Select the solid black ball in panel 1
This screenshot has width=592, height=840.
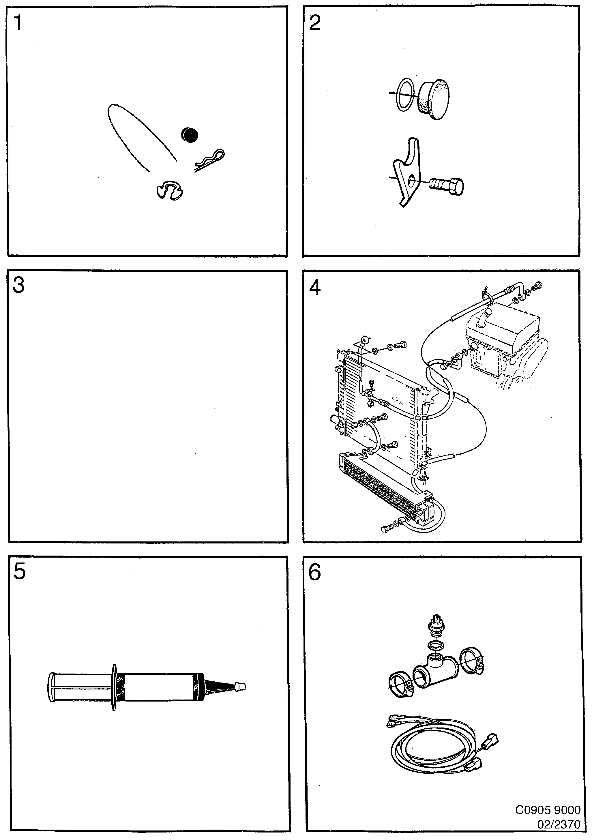click(190, 135)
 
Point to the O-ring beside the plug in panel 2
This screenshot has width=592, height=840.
click(405, 94)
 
